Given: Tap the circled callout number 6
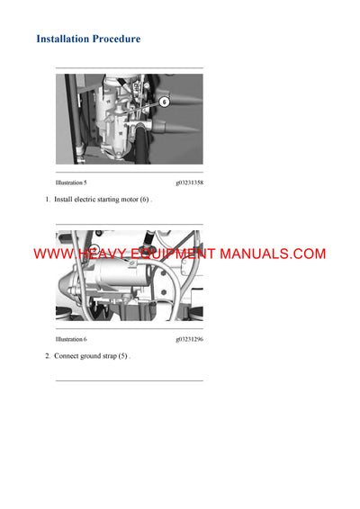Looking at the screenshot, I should pyautogui.click(x=164, y=103).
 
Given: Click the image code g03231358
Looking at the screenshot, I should pyautogui.click(x=189, y=183).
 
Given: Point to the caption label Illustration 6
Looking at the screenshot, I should pyautogui.click(x=71, y=339).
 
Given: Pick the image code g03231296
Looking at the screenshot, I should pyautogui.click(x=189, y=339).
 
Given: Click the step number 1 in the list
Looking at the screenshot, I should pyautogui.click(x=48, y=199).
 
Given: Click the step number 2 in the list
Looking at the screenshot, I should pyautogui.click(x=48, y=356).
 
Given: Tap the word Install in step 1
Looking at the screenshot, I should pyautogui.click(x=64, y=199).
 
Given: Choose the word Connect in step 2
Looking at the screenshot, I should pyautogui.click(x=67, y=356).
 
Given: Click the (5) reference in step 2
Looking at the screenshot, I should pyautogui.click(x=123, y=356).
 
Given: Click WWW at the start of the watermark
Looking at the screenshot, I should pyautogui.click(x=51, y=254).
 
